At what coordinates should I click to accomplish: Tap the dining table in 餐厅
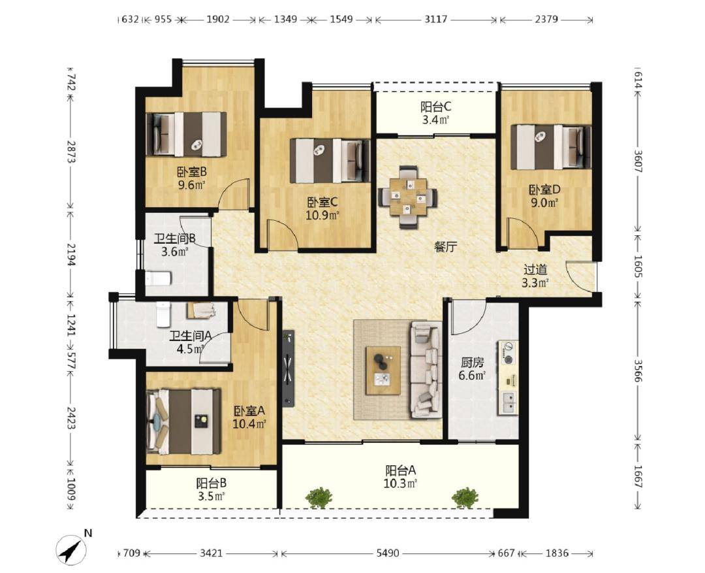(408, 197)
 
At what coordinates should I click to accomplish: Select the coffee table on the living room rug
(383, 370)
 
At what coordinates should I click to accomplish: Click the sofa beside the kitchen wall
(425, 370)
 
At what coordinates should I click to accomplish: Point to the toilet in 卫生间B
(158, 278)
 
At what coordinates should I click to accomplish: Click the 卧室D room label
(544, 190)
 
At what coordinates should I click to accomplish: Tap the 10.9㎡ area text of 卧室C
(322, 215)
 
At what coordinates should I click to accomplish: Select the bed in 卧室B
(186, 134)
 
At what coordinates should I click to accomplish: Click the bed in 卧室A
(184, 421)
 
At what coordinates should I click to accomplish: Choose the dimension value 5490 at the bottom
(387, 553)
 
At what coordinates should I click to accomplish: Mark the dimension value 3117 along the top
(436, 20)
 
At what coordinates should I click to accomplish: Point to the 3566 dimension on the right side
(638, 370)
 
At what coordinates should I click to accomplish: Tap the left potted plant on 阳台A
(319, 497)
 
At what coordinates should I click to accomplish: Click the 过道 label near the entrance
(535, 270)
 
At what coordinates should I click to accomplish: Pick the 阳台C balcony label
(435, 107)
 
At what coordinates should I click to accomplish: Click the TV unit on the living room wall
(289, 368)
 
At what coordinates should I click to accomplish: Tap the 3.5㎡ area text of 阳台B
(211, 496)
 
